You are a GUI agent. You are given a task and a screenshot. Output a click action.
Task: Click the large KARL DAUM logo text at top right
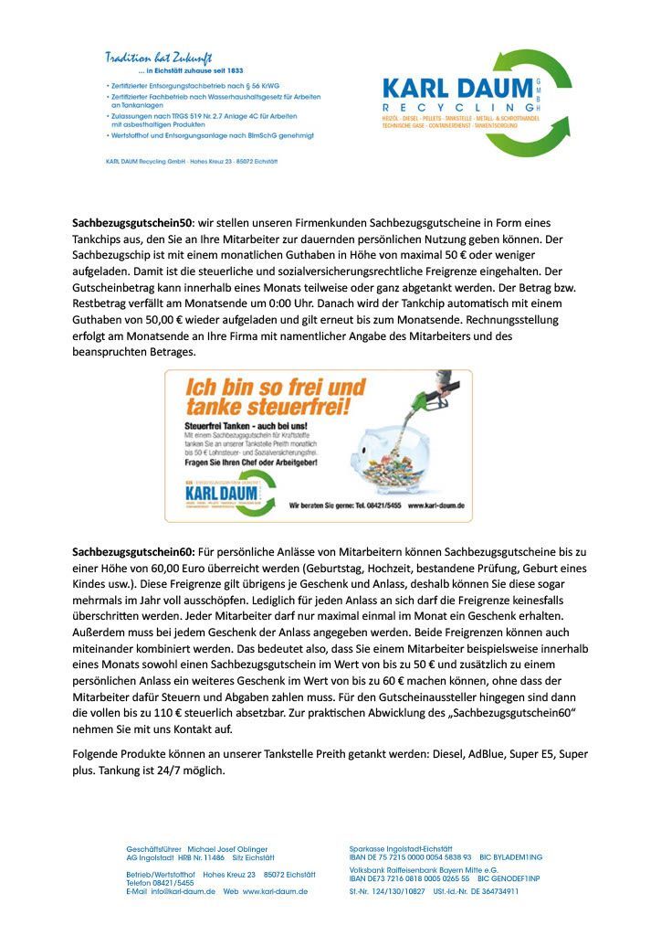click(x=456, y=89)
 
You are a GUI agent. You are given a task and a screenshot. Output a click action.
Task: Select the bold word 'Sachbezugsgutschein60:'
click(x=133, y=553)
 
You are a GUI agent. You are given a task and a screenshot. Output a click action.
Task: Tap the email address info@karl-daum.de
click(x=183, y=891)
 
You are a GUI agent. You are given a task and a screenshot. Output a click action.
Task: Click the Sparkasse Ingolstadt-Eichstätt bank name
click(x=401, y=849)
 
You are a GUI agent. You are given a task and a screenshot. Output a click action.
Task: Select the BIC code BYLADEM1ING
click(x=519, y=857)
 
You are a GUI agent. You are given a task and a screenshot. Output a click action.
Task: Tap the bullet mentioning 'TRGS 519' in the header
click(x=211, y=117)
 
